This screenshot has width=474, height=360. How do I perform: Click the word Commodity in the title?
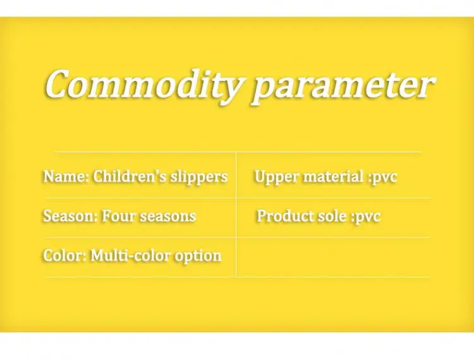[x=143, y=85]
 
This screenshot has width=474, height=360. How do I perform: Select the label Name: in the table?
[x=66, y=176]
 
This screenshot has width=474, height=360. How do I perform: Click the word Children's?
[x=130, y=176]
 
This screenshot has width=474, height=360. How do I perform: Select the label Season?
[x=70, y=216]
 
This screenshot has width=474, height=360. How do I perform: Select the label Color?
[x=65, y=256]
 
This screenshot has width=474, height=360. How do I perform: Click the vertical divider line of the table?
[x=236, y=215]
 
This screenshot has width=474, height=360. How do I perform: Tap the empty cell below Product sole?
[x=333, y=257]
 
